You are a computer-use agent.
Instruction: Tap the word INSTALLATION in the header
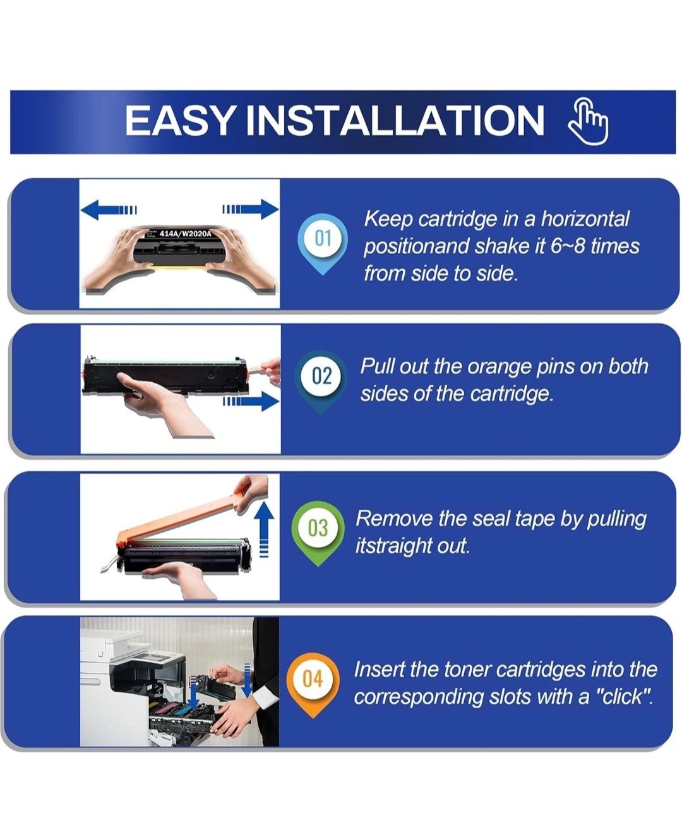tap(395, 120)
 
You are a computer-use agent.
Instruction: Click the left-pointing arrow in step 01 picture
tap(109, 210)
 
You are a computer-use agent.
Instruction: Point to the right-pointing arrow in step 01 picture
tap(250, 209)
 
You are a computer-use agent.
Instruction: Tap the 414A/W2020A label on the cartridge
tap(185, 234)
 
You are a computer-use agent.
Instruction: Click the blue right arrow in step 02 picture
tap(250, 402)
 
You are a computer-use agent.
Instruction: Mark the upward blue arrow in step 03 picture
tap(264, 530)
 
